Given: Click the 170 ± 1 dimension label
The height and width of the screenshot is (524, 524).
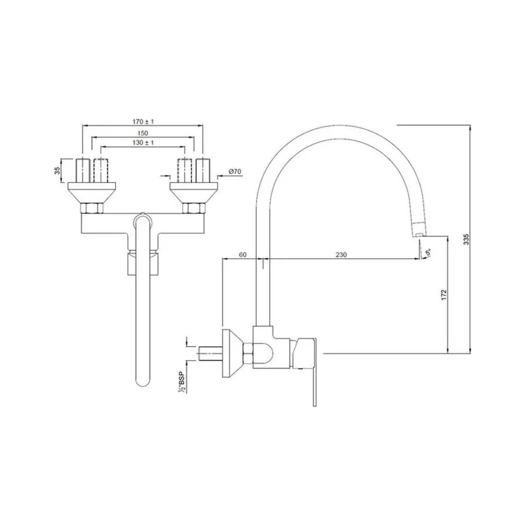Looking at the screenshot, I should click(x=142, y=121).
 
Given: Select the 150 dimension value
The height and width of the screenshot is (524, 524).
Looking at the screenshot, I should click(x=142, y=133).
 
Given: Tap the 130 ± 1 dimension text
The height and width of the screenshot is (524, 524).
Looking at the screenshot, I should click(x=142, y=142).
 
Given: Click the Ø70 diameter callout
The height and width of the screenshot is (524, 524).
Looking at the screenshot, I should click(x=236, y=171).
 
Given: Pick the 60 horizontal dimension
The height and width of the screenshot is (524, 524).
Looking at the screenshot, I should click(x=243, y=255).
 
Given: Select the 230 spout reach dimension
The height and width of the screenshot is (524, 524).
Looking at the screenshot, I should click(x=341, y=255).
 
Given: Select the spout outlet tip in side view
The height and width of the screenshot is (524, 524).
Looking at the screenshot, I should click(x=419, y=231).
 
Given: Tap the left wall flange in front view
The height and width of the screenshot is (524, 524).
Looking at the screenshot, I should click(x=92, y=191).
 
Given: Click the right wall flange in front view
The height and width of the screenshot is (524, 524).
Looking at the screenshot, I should click(x=193, y=191).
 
